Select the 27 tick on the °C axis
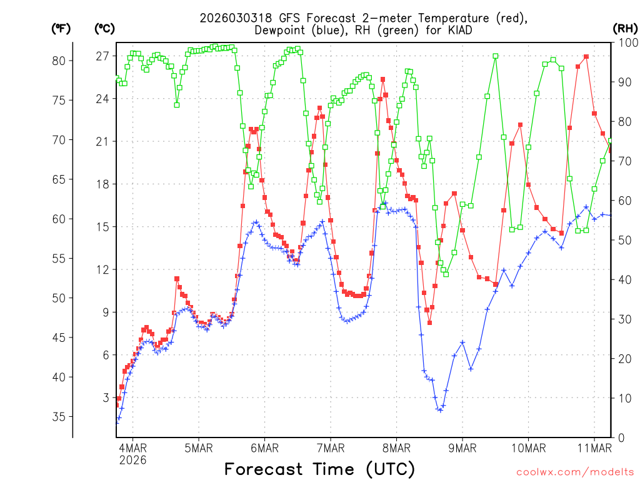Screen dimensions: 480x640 (x=103, y=56)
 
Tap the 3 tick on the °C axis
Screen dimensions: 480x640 (x=106, y=397)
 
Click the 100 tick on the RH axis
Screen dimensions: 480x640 (x=625, y=42)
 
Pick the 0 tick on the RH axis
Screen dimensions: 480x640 (x=620, y=437)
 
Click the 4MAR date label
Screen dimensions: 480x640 (x=132, y=448)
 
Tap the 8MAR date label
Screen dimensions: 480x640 (x=397, y=448)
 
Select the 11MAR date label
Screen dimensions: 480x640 (x=594, y=448)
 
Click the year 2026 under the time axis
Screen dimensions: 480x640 (x=132, y=460)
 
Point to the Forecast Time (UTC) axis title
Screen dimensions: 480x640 (x=319, y=469)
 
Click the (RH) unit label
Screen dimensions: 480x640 (x=625, y=27)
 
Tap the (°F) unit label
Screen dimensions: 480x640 (x=61, y=28)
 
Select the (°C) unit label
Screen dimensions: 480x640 (x=104, y=28)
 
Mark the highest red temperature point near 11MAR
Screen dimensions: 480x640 (x=586, y=57)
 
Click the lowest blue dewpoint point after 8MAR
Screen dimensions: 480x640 (x=440, y=410)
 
